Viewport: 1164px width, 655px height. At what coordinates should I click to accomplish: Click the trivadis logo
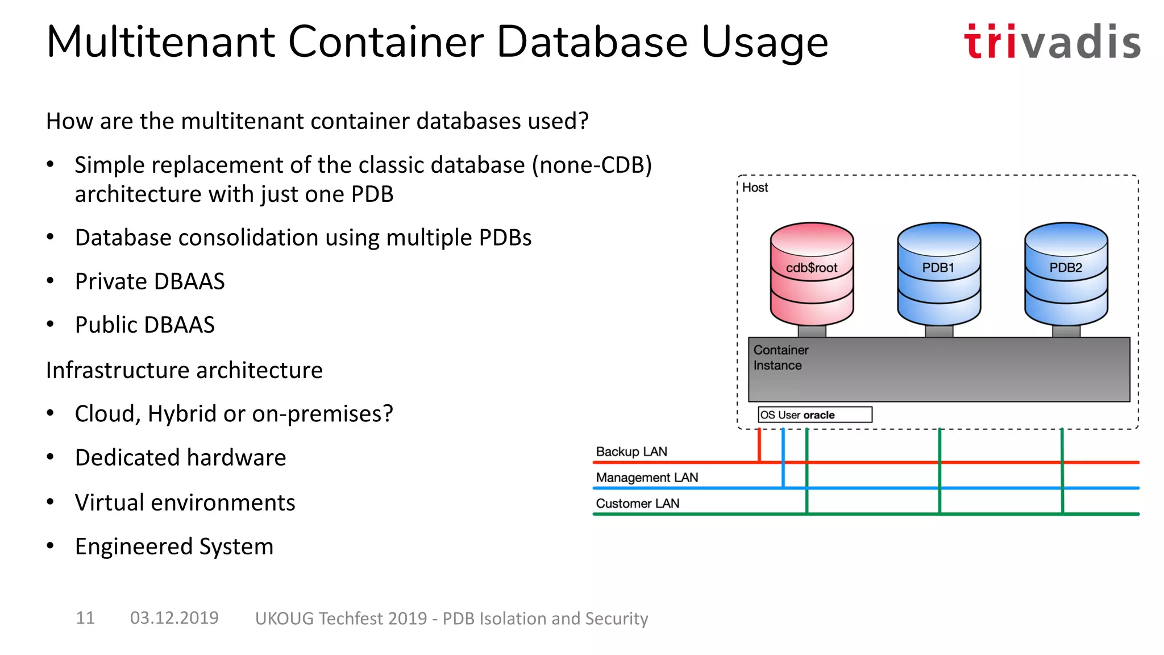(x=1051, y=42)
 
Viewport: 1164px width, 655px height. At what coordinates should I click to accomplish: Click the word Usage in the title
(x=764, y=42)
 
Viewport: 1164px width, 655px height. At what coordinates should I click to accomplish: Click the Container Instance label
(x=780, y=358)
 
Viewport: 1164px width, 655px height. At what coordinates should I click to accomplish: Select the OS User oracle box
(x=814, y=414)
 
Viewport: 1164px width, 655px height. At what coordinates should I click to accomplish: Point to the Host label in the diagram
(x=755, y=188)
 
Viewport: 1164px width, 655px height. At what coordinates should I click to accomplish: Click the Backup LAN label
(x=631, y=451)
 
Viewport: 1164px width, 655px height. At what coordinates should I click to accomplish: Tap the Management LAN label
(x=647, y=478)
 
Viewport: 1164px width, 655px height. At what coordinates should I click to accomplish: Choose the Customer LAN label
(x=637, y=503)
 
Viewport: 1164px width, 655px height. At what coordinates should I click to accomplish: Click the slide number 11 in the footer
(x=85, y=617)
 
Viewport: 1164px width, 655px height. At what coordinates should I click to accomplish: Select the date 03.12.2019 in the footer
(x=174, y=617)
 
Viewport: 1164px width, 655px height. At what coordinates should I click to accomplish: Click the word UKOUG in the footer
(x=284, y=618)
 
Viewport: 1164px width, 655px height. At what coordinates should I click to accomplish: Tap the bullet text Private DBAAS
(x=149, y=281)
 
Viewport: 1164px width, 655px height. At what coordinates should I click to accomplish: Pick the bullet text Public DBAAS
(x=144, y=325)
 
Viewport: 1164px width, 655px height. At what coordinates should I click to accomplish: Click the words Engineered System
(x=174, y=546)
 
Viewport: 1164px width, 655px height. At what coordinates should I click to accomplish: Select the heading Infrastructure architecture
(x=184, y=370)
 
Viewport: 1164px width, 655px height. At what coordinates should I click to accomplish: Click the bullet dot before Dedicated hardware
(x=51, y=457)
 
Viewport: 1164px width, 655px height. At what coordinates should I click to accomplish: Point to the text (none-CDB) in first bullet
(x=592, y=165)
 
